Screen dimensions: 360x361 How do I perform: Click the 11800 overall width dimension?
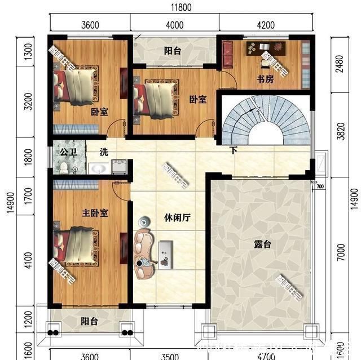180,7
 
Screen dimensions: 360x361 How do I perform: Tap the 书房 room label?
265,79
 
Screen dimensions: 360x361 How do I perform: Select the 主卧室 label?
95,214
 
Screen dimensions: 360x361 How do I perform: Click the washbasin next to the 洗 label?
99,168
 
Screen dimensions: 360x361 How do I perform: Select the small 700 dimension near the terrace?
320,186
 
